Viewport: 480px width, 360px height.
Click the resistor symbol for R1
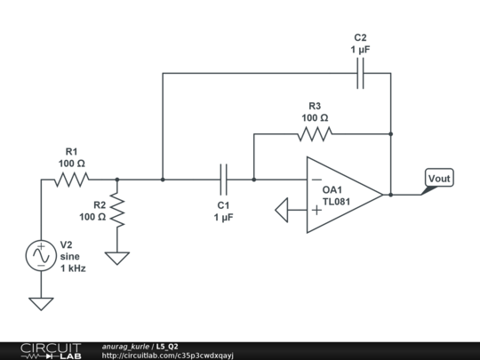(x=71, y=180)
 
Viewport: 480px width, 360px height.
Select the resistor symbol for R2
(x=117, y=211)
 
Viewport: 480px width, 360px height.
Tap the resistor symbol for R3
(x=315, y=134)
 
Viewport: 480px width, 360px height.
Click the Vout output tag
(x=438, y=179)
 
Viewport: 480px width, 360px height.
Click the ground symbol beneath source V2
(x=41, y=303)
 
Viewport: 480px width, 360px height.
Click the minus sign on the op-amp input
(x=316, y=180)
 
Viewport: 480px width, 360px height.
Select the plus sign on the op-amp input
(x=316, y=211)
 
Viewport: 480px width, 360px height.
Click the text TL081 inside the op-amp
(x=339, y=202)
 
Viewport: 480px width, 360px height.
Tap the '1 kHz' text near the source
(x=72, y=268)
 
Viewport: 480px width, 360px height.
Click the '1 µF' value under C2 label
(x=360, y=51)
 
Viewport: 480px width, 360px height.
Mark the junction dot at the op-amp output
(x=390, y=195)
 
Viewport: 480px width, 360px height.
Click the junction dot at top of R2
(x=117, y=180)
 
